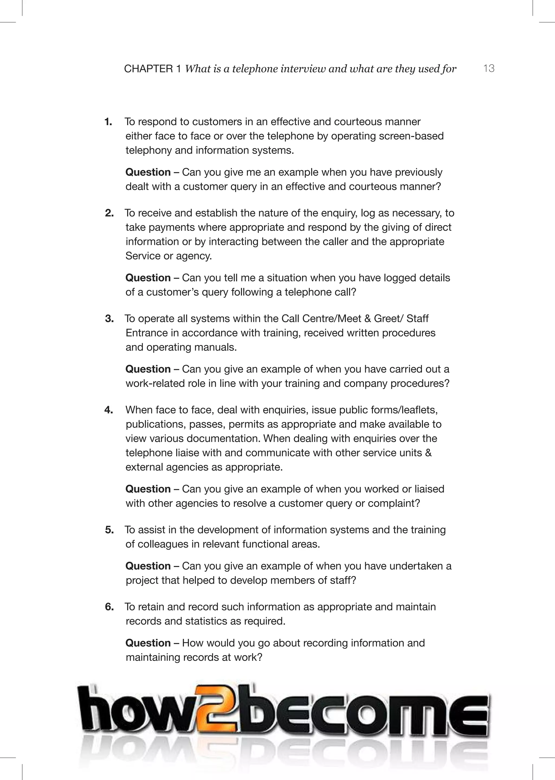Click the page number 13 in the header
(489, 69)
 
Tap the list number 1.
(108, 122)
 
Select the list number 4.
(108, 410)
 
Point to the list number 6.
(109, 607)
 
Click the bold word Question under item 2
(148, 278)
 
